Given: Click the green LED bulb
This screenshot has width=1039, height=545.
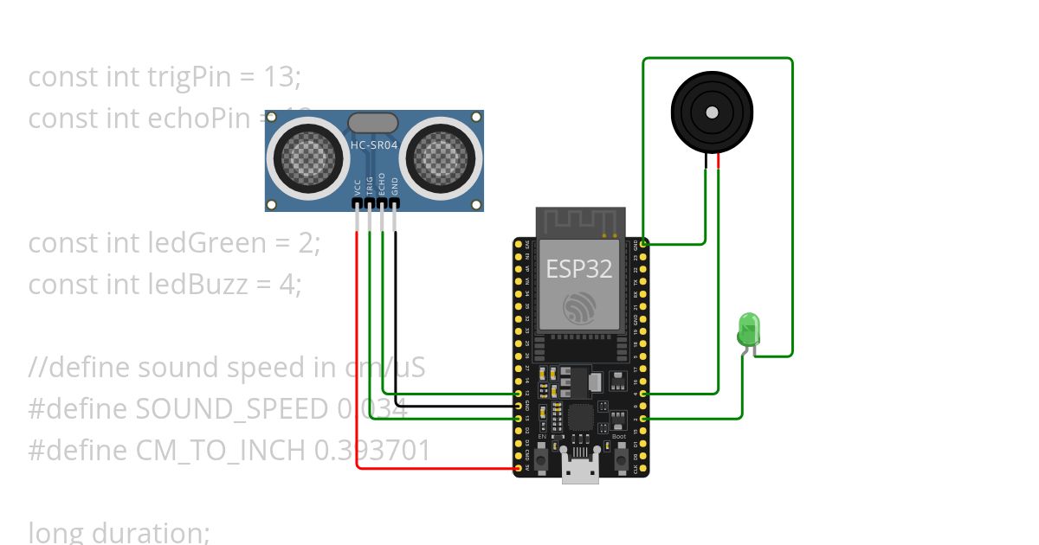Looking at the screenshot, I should [x=747, y=330].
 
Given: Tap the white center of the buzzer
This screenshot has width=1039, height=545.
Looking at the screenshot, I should [x=712, y=112].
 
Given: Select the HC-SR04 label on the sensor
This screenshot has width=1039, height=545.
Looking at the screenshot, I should [x=374, y=145].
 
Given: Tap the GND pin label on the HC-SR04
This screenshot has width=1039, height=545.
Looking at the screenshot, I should [x=395, y=187].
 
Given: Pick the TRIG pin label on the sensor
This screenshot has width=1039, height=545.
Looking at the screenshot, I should [x=370, y=186].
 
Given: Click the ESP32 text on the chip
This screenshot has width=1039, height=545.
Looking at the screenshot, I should [x=578, y=268].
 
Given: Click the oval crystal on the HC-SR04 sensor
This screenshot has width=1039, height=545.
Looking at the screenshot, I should [x=373, y=123].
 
